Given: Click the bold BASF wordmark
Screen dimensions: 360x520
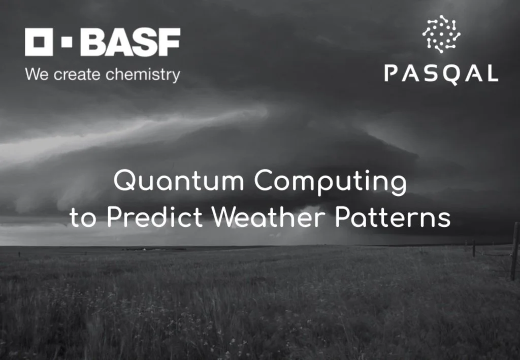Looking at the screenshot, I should [x=130, y=42].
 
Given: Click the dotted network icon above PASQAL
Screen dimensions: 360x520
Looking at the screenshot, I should [x=441, y=34].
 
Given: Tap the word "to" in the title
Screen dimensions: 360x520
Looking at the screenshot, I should [x=83, y=218].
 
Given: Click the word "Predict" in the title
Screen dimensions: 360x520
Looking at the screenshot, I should [x=155, y=218].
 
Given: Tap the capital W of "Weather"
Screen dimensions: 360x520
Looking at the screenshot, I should [x=224, y=218].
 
